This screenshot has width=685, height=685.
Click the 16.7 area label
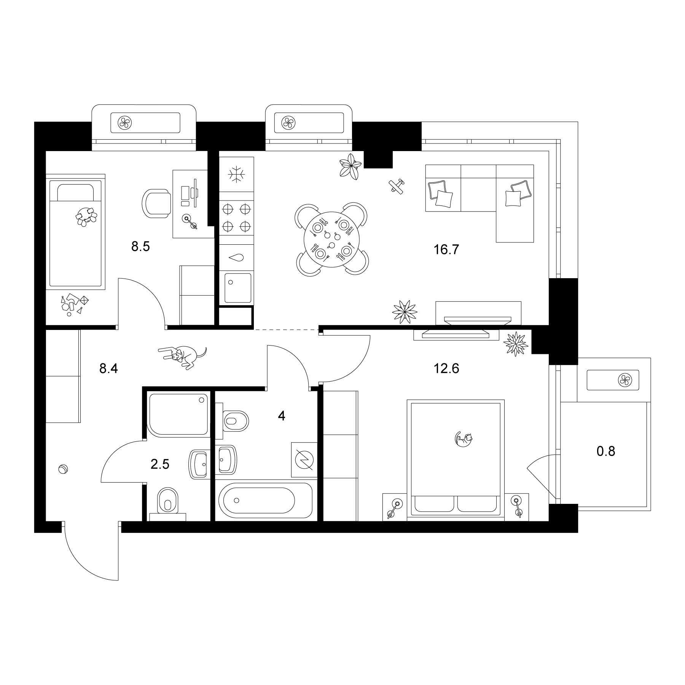coord(446,250)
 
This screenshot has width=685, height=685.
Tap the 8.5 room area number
coord(140,247)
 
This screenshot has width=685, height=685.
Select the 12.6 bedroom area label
coord(446,368)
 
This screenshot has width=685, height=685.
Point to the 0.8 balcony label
coord(606,451)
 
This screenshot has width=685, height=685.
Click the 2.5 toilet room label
coord(160,464)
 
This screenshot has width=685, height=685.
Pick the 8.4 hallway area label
coord(108,368)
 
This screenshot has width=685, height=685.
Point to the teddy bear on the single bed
coord(86,217)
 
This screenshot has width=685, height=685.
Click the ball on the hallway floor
coord(62,469)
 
